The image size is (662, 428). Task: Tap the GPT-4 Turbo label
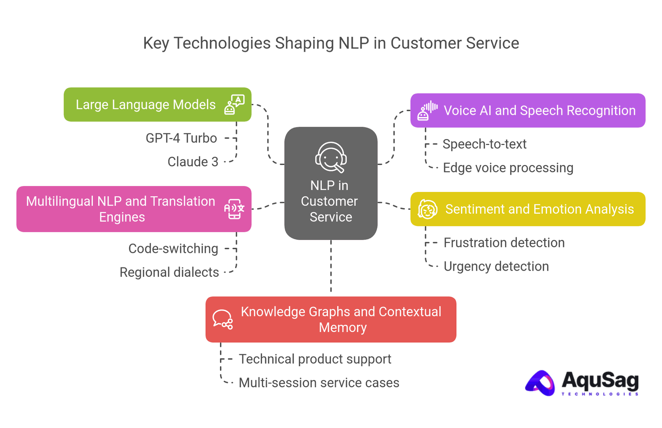click(181, 138)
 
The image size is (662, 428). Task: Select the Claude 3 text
click(193, 162)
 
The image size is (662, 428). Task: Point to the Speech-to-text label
click(484, 144)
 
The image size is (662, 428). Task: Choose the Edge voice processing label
click(508, 168)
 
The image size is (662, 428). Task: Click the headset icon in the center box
click(331, 157)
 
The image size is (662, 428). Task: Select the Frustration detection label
click(504, 243)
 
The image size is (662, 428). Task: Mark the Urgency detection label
click(496, 266)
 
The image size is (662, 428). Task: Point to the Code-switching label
click(173, 249)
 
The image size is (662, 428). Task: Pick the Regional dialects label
click(169, 272)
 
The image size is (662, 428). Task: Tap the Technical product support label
click(315, 359)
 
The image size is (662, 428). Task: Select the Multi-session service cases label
click(319, 383)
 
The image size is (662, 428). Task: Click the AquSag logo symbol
click(540, 383)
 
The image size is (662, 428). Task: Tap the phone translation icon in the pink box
click(234, 209)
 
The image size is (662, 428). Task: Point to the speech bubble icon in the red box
click(222, 319)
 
